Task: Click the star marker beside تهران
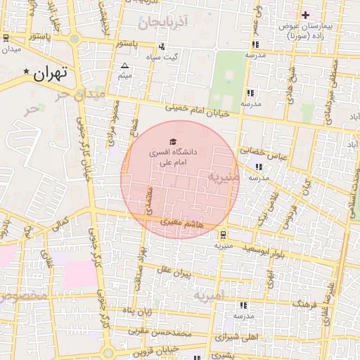click(27, 72)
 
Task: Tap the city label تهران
click(49, 72)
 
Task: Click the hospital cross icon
click(305, 15)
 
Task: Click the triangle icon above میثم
click(125, 65)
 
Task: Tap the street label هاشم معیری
click(180, 222)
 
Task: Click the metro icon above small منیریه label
click(223, 235)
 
